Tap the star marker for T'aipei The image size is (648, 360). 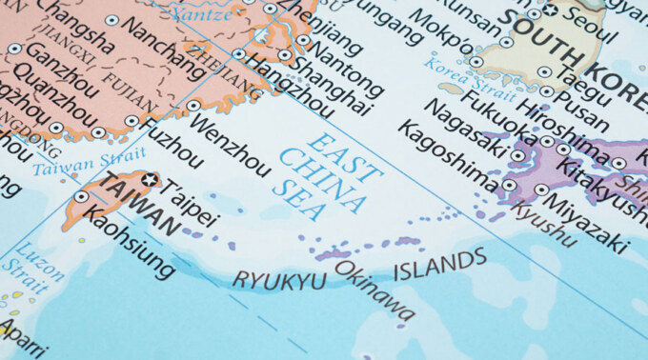point(149,179)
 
